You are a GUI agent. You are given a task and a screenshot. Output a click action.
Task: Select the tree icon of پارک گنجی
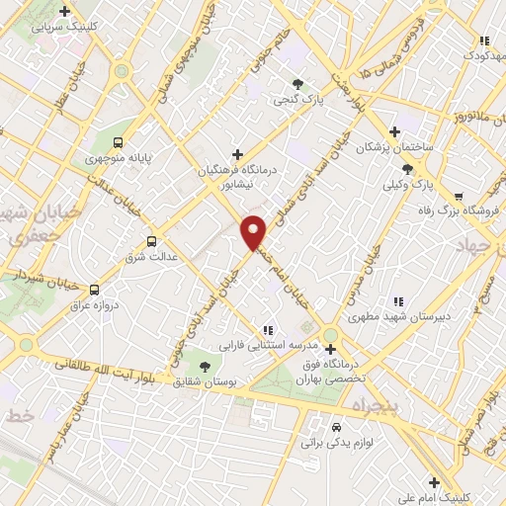click(297, 84)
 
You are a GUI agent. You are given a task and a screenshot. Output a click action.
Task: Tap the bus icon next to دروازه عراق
click(95, 290)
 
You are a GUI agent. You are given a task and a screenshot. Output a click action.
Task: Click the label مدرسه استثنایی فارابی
click(266, 346)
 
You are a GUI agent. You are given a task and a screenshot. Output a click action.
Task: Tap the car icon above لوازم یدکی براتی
click(337, 427)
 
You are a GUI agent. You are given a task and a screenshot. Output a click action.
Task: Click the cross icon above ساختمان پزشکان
click(394, 130)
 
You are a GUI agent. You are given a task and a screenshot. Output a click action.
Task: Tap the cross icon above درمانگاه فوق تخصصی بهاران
click(330, 349)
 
